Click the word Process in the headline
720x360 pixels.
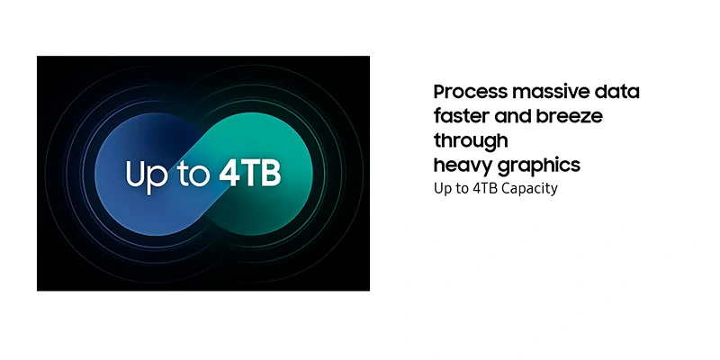(x=471, y=92)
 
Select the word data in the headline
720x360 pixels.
(x=617, y=92)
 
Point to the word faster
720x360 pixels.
(x=462, y=116)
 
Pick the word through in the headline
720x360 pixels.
(x=471, y=141)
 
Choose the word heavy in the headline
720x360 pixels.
(x=463, y=166)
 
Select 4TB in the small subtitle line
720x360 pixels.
(x=485, y=188)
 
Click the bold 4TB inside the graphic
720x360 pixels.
(x=250, y=174)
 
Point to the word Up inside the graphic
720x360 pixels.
(x=147, y=176)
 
